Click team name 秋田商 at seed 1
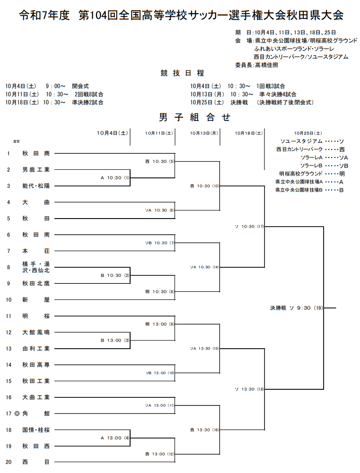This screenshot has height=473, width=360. pos(35,153)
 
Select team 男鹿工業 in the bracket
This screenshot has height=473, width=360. pos(35,169)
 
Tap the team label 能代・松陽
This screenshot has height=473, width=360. pos(35,186)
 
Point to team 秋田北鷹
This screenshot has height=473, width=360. pos(35,283)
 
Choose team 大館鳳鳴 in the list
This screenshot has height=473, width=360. pos(35,332)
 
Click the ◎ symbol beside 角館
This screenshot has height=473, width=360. pos(17,413)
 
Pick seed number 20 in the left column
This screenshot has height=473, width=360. pos(9,462)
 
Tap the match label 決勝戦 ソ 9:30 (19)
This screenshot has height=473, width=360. pos(297,308)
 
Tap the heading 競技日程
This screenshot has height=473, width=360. pos(182,73)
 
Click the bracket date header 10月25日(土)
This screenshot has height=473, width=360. pos(307,133)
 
